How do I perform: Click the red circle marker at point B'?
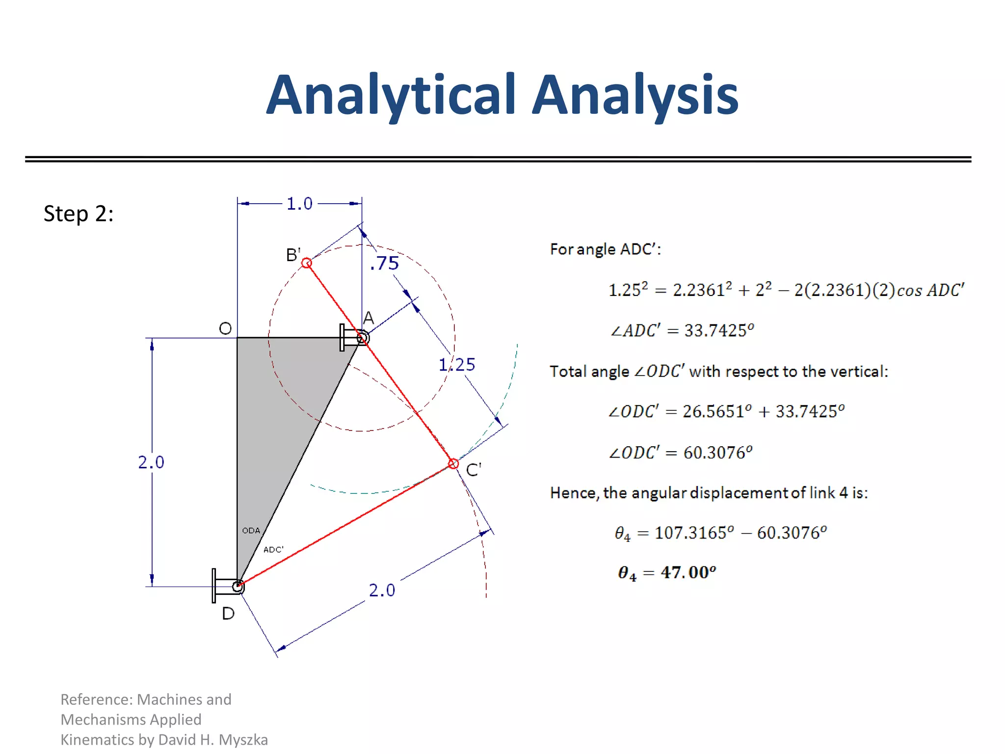(x=307, y=263)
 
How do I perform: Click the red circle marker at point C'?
(x=453, y=464)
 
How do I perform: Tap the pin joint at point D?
(x=238, y=586)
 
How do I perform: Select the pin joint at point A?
(x=362, y=338)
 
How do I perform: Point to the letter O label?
(x=225, y=328)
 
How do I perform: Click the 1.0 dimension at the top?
(x=299, y=204)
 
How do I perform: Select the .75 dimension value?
(x=385, y=264)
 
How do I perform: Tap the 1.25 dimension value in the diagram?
(x=457, y=365)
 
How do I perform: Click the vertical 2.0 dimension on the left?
(x=151, y=462)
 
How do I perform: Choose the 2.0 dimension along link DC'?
(x=382, y=590)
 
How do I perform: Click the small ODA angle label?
(x=251, y=531)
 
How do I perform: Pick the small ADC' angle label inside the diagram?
(x=273, y=550)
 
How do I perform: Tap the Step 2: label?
(x=79, y=214)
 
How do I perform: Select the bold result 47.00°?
(x=688, y=572)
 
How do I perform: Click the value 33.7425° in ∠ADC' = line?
(x=719, y=330)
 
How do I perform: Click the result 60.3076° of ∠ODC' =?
(x=717, y=452)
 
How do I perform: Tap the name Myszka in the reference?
(x=243, y=740)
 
